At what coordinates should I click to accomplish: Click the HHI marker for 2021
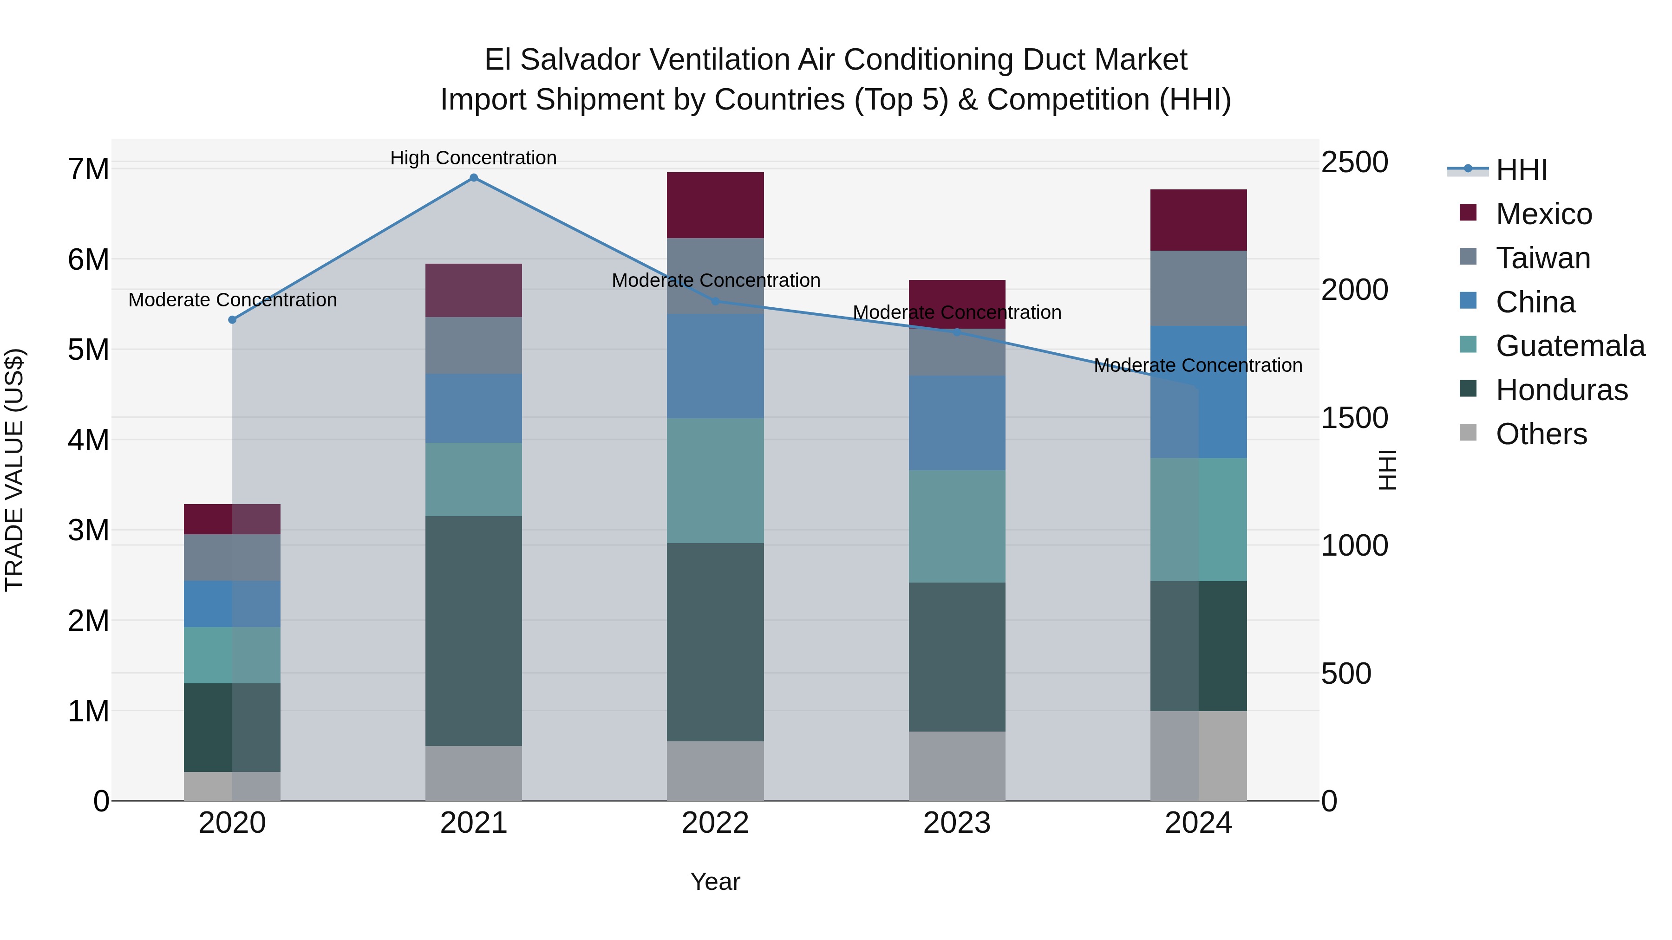(474, 178)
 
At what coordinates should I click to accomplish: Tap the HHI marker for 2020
(232, 320)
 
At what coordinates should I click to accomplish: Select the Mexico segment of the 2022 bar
(715, 205)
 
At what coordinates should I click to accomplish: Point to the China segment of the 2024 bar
(1198, 392)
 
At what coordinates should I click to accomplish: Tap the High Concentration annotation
(474, 158)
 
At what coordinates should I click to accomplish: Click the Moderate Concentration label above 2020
(232, 300)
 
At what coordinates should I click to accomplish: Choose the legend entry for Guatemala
(1569, 346)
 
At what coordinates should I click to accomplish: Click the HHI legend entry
(1521, 170)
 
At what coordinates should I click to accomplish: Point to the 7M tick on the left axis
(88, 169)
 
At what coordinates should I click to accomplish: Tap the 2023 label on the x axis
(957, 823)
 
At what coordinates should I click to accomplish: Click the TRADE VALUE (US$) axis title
(14, 470)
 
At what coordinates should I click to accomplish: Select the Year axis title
(715, 882)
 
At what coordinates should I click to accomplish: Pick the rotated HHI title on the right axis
(1387, 470)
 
